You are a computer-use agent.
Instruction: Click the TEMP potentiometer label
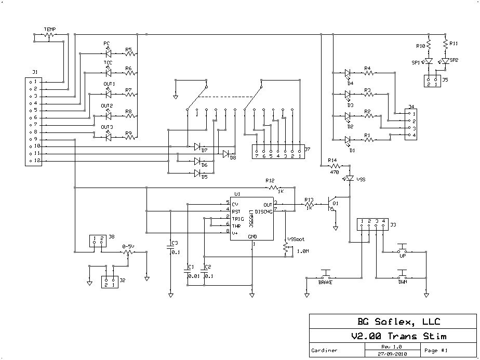click(50, 29)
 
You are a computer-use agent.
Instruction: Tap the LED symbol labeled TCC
click(108, 73)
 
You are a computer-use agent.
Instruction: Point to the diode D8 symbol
click(227, 154)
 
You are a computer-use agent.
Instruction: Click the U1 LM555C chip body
click(252, 218)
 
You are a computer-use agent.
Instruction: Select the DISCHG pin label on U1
click(263, 211)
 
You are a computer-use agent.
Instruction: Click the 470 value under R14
click(334, 171)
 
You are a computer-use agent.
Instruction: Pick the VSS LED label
click(361, 179)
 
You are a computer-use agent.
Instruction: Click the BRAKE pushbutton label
click(325, 282)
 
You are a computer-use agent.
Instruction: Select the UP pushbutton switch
click(403, 249)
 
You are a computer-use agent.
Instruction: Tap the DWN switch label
click(403, 282)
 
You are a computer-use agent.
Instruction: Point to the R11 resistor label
click(454, 43)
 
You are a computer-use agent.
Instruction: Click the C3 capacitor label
click(175, 243)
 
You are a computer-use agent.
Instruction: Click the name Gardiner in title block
click(324, 350)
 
